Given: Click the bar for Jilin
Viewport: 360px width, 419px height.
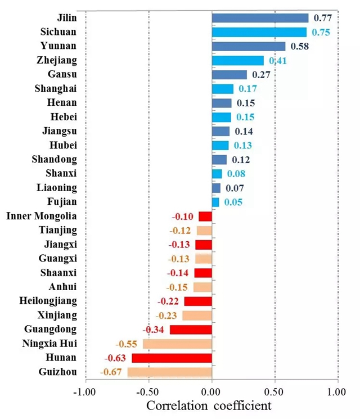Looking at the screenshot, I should (260, 18).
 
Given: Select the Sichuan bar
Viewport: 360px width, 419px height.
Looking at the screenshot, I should (259, 32).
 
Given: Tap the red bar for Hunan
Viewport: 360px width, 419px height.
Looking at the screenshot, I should (172, 358).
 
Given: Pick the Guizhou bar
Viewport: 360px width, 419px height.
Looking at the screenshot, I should (169, 372).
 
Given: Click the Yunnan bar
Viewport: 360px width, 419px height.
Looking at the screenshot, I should (249, 46).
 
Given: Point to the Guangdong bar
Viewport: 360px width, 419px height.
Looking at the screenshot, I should (191, 330).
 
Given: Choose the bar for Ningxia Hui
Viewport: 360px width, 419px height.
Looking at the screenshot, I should (177, 344).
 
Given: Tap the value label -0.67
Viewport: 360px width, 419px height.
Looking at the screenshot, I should (111, 372).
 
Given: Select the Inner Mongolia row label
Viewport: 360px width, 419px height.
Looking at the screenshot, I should (41, 216).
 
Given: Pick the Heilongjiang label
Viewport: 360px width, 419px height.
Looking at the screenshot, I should (48, 301).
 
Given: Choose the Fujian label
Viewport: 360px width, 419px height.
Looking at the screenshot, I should (63, 201).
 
